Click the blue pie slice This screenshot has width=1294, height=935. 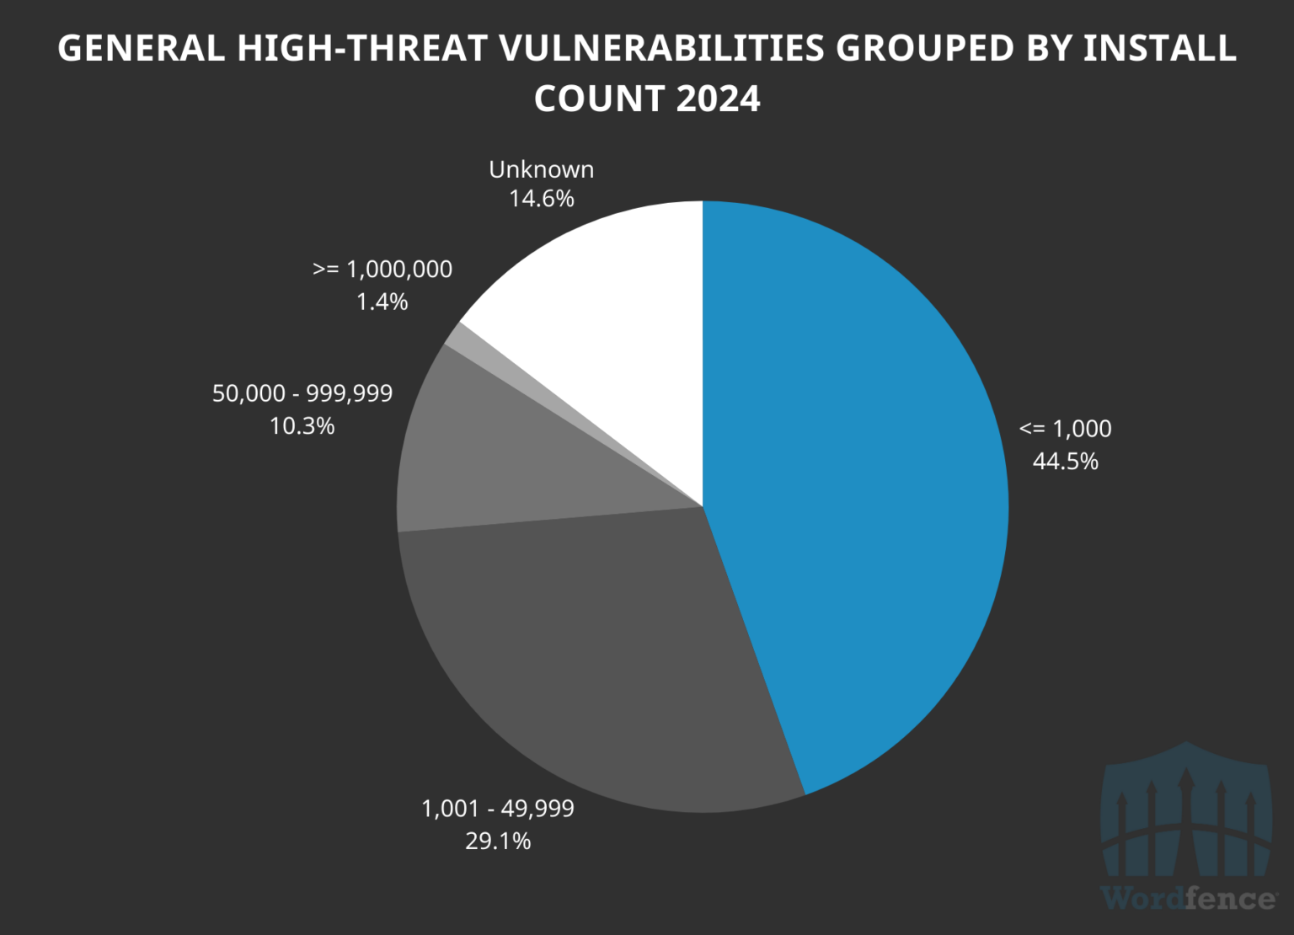tap(851, 505)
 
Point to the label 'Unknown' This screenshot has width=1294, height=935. tap(542, 169)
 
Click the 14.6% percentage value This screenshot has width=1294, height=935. tap(542, 199)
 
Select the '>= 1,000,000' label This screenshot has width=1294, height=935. tap(382, 270)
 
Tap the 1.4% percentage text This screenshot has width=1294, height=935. tap(382, 302)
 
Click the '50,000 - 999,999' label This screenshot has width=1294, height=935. tap(302, 393)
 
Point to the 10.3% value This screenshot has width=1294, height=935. tap(302, 426)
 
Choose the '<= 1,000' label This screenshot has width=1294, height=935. tap(1065, 429)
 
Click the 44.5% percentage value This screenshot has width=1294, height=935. tap(1066, 462)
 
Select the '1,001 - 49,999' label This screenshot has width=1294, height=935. tap(498, 809)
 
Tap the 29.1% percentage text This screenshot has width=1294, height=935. tap(498, 841)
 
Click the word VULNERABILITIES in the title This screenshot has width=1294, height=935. tap(661, 48)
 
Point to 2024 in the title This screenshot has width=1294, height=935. tap(718, 99)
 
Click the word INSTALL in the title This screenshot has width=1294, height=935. tap(1159, 48)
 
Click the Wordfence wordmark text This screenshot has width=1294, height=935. tap(1188, 899)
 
